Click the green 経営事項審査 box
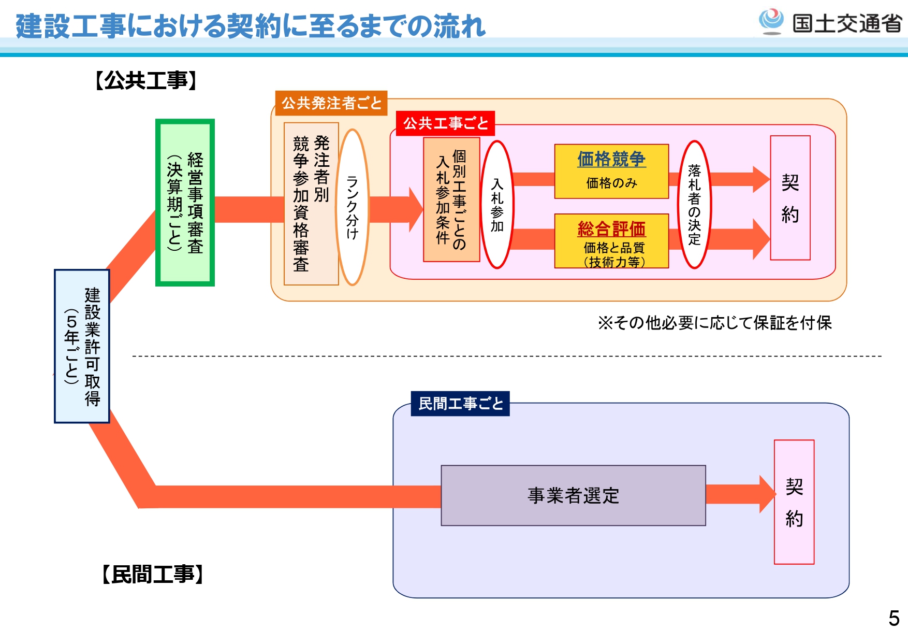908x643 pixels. [x=185, y=202]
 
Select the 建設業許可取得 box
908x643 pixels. [x=82, y=346]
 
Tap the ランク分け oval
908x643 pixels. [x=353, y=207]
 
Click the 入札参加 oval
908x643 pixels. [x=497, y=205]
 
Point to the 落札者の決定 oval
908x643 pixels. [x=694, y=205]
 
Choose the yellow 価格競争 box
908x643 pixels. [x=611, y=171]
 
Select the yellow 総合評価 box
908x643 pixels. [x=611, y=241]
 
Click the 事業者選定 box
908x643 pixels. [x=573, y=495]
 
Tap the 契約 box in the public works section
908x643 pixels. [x=790, y=198]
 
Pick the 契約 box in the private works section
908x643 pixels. [x=794, y=502]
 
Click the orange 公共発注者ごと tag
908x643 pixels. [x=331, y=103]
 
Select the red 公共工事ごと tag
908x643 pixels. [x=445, y=123]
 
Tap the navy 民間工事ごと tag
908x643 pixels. [x=460, y=404]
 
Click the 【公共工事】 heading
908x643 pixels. [x=147, y=81]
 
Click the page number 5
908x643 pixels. [x=894, y=618]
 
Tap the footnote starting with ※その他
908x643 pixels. [x=714, y=323]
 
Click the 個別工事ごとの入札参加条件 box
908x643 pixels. [x=451, y=199]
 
